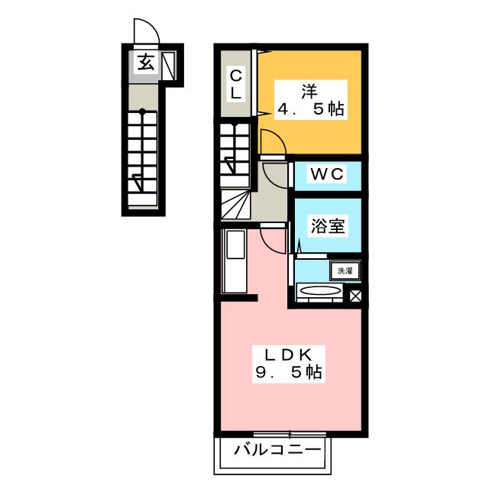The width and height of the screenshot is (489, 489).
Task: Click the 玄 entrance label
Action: coord(146,62)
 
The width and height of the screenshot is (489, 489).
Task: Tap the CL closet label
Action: coord(236,85)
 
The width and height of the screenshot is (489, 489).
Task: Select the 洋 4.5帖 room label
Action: coord(311,100)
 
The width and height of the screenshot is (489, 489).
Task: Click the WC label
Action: coord(327,174)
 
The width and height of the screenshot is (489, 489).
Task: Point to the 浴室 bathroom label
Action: coord(328,226)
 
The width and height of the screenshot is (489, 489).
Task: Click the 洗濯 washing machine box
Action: coord(345,270)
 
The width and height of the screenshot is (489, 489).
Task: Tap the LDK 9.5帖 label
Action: coord(289,364)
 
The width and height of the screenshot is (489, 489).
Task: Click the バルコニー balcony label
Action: coord(277,450)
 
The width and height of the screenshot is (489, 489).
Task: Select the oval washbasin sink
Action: coord(319,290)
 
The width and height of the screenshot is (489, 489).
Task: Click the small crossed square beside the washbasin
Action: coord(355,296)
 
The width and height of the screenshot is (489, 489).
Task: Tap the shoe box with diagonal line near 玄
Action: coord(169,66)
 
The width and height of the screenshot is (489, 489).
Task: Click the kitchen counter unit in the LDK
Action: coord(235,261)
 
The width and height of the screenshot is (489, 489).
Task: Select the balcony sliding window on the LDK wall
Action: coord(290,434)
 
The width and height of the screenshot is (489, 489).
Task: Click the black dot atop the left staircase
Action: coord(142,111)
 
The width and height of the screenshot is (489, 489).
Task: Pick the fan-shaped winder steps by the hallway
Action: coord(236,205)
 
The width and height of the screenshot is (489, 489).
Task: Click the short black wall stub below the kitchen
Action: coord(239,297)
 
